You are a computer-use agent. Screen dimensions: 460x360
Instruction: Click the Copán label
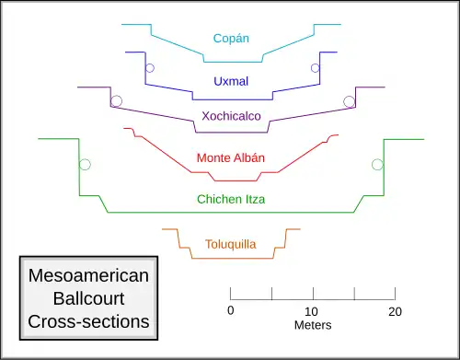point(231,39)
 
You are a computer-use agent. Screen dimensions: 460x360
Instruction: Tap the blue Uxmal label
point(231,81)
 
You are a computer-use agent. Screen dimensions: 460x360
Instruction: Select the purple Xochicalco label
point(231,116)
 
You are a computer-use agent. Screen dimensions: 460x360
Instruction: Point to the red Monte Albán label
point(231,157)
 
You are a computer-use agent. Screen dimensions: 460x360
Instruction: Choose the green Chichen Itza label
point(231,199)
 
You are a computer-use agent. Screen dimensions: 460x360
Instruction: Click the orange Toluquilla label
point(231,244)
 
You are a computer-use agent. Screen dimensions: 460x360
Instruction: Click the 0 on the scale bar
point(231,310)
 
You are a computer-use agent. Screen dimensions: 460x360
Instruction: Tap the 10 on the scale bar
point(311,312)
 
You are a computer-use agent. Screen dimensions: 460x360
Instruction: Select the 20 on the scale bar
point(395,312)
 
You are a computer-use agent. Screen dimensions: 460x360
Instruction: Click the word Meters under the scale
point(313,325)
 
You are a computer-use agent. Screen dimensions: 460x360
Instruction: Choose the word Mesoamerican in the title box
point(88,275)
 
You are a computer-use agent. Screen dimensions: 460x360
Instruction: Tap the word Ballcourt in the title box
point(88,298)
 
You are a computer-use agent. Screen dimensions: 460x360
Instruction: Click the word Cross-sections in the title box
point(88,321)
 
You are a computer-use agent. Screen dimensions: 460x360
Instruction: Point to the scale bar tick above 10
point(313,294)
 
